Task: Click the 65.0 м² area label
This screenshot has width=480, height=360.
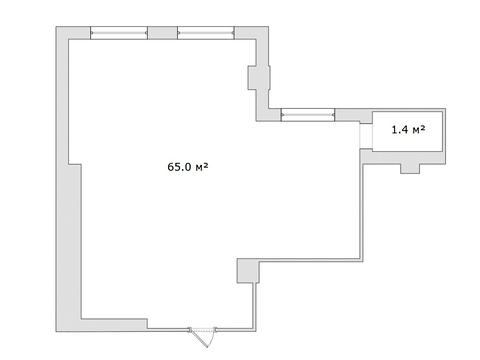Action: pos(188,166)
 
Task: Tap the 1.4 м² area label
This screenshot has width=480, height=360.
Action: pos(408,129)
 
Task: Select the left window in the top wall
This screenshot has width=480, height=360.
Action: pos(119,33)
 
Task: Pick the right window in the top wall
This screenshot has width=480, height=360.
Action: pos(206,33)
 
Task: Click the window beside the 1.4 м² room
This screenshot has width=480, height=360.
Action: pos(308,115)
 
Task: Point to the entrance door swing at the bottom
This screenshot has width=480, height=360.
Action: pos(202,337)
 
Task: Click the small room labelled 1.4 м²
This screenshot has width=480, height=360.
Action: pos(407,131)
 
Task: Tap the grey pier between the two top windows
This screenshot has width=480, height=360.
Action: pos(162,33)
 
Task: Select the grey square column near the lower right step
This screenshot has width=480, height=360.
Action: pos(248,271)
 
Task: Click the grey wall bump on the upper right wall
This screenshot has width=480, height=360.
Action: pos(259,78)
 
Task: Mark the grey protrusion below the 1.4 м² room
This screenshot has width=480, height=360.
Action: pos(410,169)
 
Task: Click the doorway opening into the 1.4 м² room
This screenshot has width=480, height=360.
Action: pos(366,136)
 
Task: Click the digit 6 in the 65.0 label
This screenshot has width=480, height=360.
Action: pos(170,167)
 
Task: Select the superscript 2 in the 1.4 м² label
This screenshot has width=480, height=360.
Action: pos(423,127)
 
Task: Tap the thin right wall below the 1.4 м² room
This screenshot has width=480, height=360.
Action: pos(361,212)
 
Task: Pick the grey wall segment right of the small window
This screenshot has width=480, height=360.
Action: pos(353,115)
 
